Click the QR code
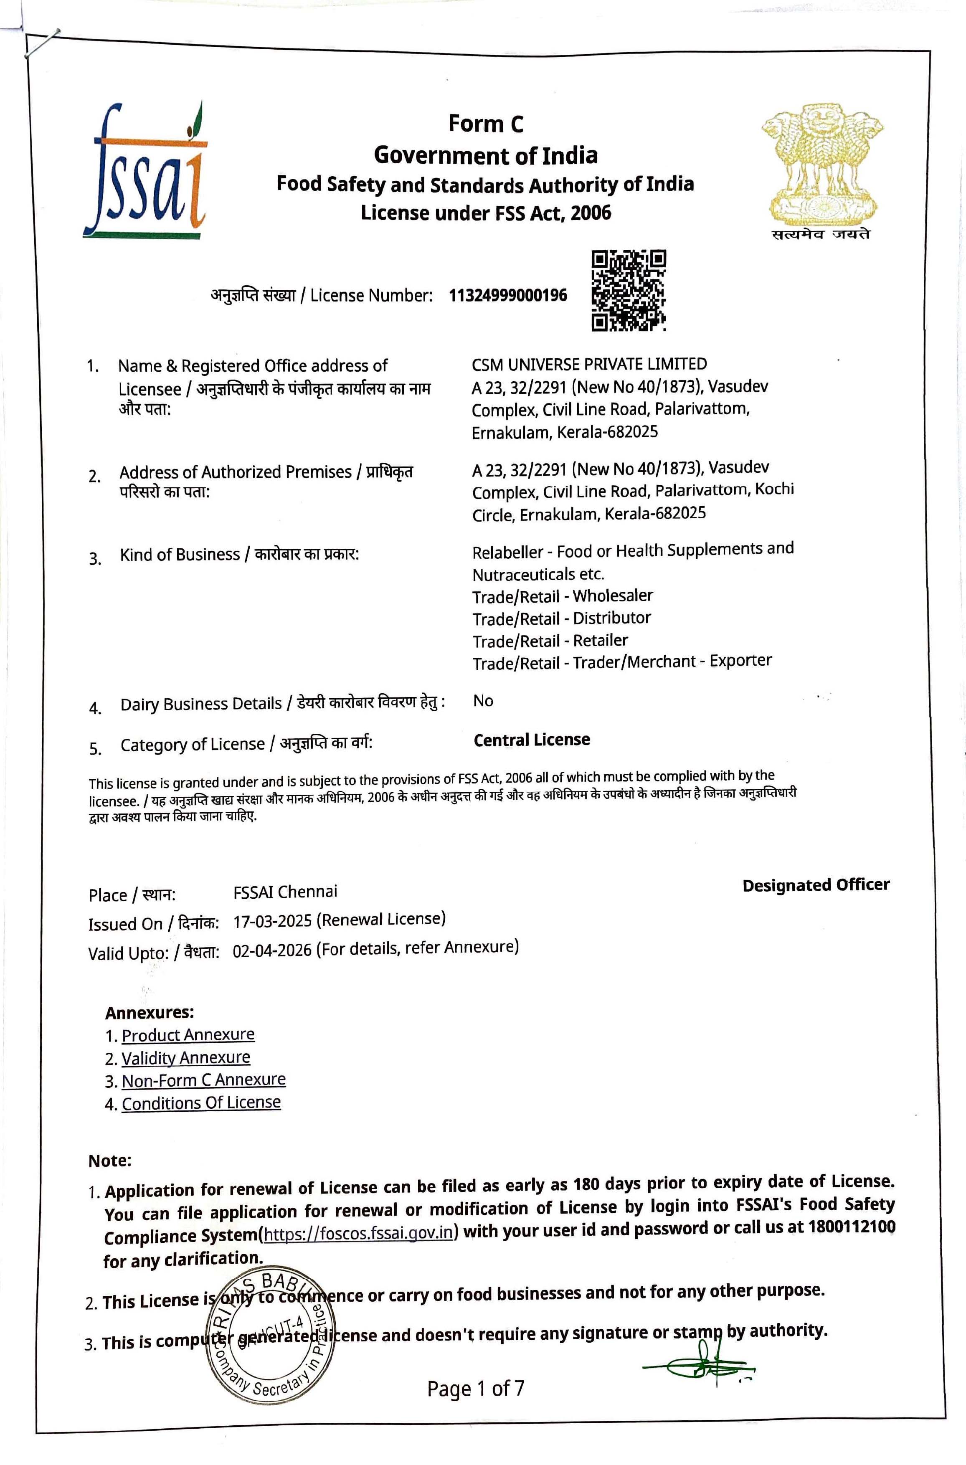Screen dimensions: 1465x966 (629, 291)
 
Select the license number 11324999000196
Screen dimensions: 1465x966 (508, 296)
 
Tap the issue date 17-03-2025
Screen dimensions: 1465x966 (272, 922)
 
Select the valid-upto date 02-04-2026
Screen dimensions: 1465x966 (272, 950)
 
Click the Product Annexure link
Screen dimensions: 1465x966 (188, 1034)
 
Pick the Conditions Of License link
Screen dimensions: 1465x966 (201, 1103)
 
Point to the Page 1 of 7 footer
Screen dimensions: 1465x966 (476, 1389)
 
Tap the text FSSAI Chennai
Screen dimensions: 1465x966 (285, 892)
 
